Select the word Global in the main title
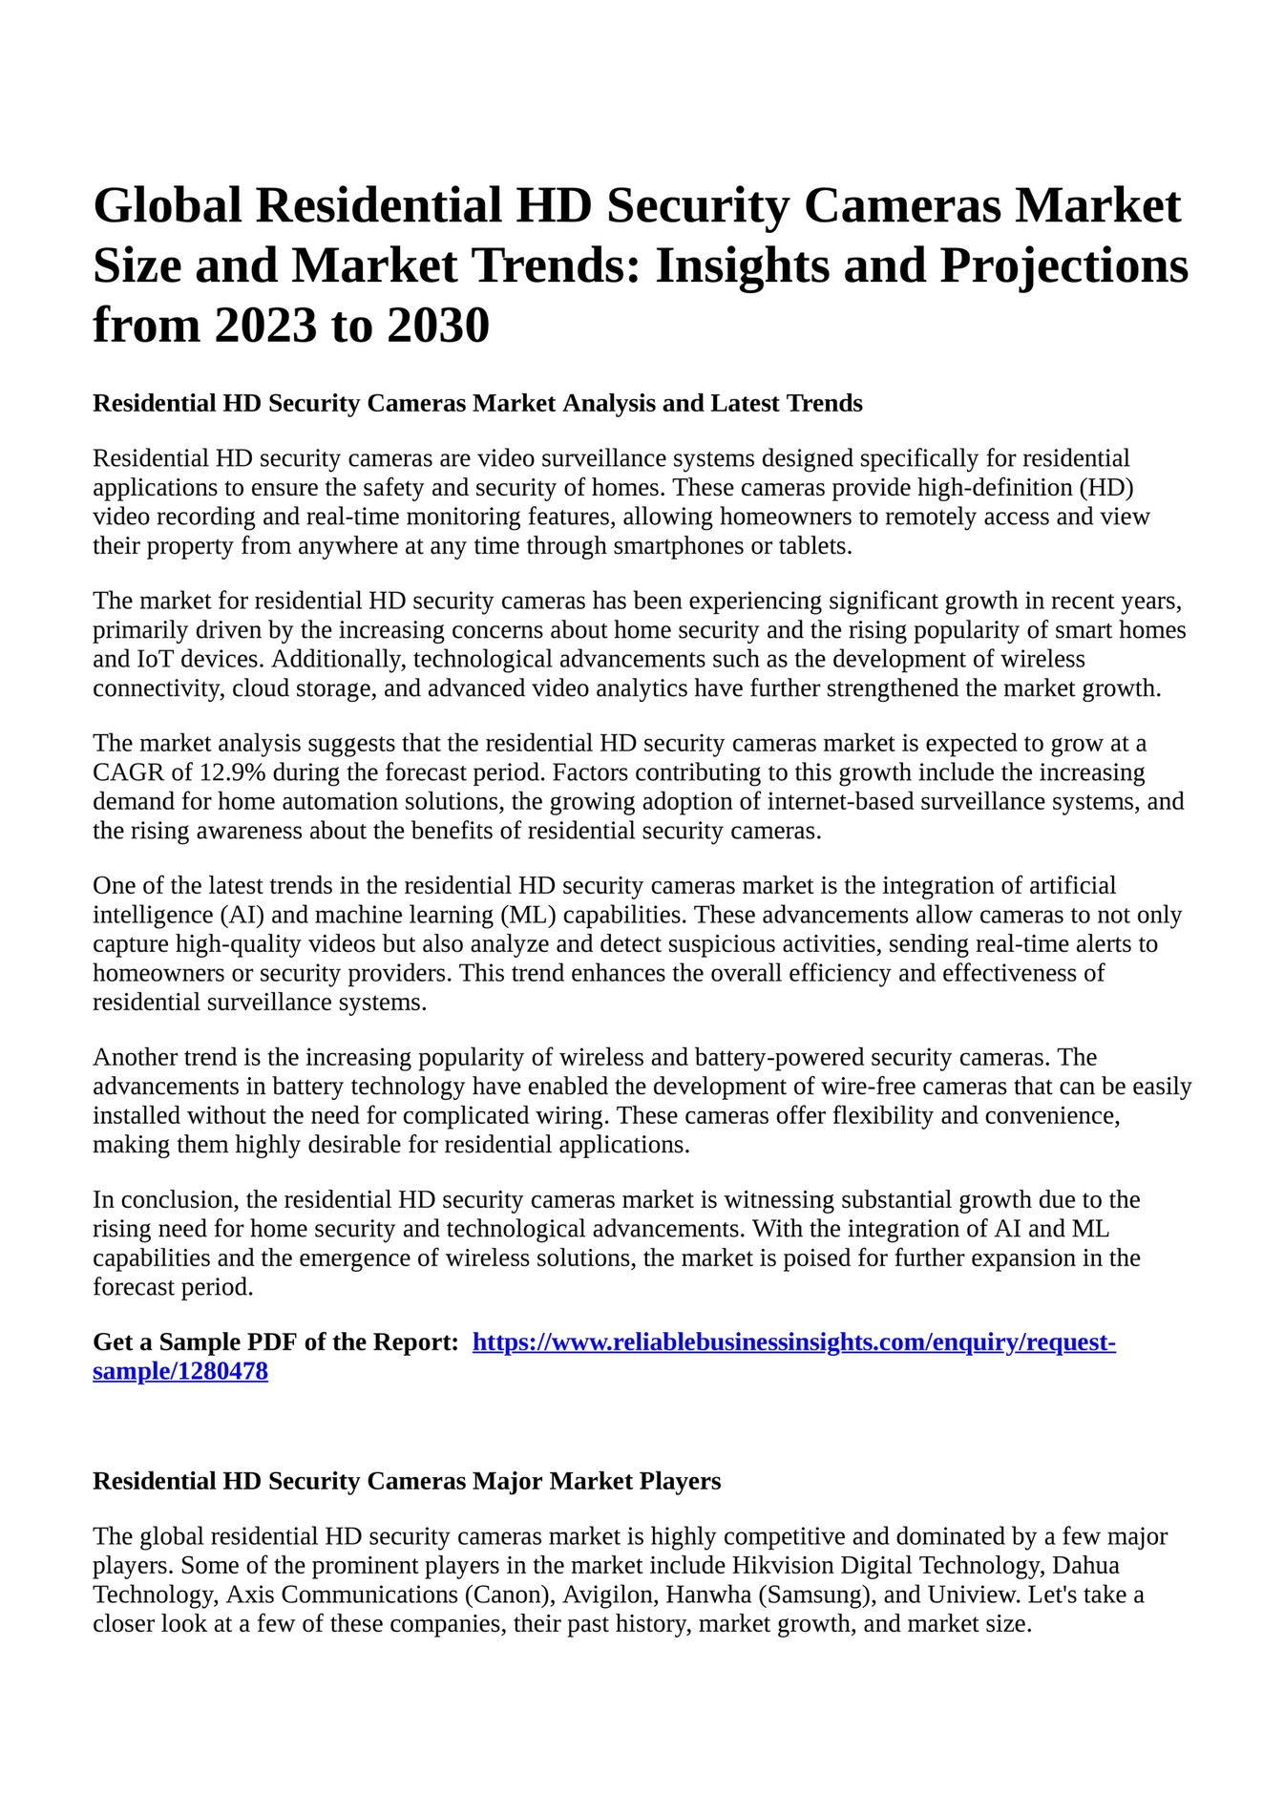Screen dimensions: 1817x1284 (x=167, y=206)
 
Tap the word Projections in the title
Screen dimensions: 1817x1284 (x=1063, y=266)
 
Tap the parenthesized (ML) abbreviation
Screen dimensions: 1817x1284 (x=527, y=915)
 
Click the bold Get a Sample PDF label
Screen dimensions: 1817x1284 (x=276, y=1342)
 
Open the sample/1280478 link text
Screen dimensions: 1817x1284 (x=180, y=1372)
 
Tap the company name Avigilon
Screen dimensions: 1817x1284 (x=601, y=1595)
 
